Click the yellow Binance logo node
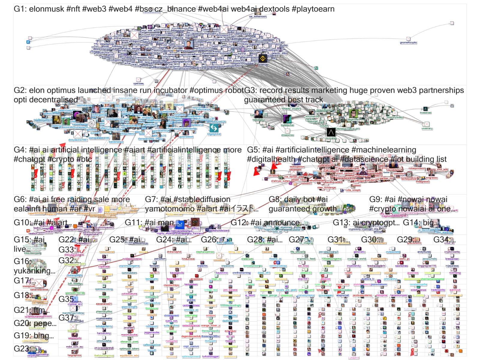pyautogui.click(x=263, y=58)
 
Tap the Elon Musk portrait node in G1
pyautogui.click(x=188, y=45)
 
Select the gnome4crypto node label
pyautogui.click(x=408, y=43)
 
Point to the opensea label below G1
pyautogui.click(x=138, y=84)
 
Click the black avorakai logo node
pyautogui.click(x=331, y=132)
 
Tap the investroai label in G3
pyautogui.click(x=425, y=113)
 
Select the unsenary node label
pyautogui.click(x=427, y=128)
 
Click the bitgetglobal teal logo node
pyautogui.click(x=214, y=128)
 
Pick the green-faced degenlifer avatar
pyautogui.click(x=353, y=114)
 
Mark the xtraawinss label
pyautogui.click(x=287, y=135)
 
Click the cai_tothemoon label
pyautogui.click(x=257, y=16)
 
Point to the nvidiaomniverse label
pyautogui.click(x=132, y=259)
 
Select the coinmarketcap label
pyautogui.click(x=278, y=266)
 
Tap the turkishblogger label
pyautogui.click(x=210, y=356)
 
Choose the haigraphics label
pyautogui.click(x=74, y=355)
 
